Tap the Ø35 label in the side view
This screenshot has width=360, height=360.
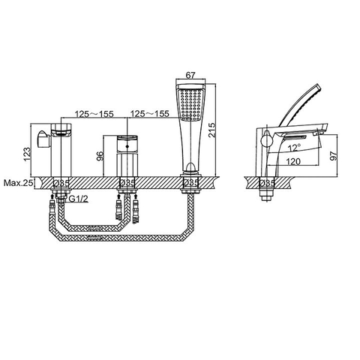coord(268,182)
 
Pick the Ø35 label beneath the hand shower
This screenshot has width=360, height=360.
coord(190,182)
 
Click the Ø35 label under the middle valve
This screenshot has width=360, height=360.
coord(127,182)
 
